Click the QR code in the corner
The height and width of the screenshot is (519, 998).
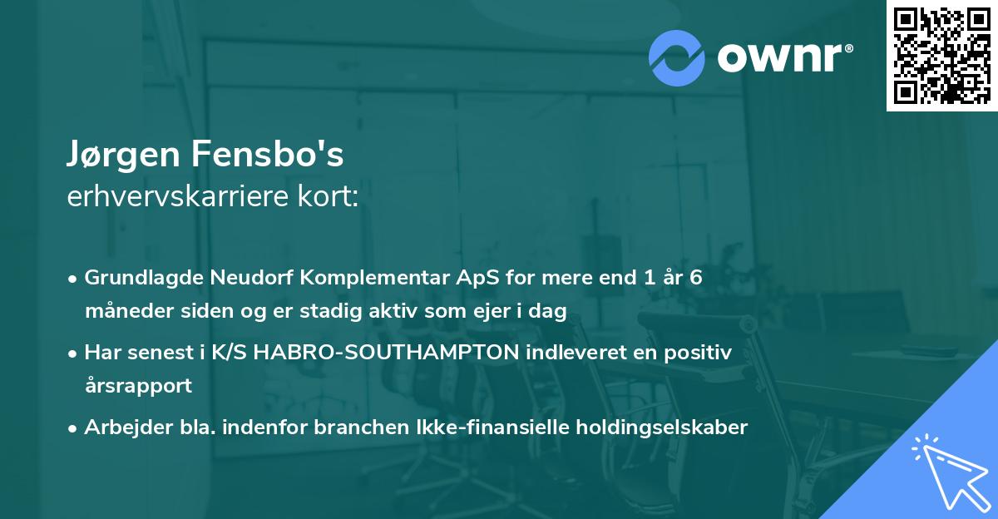[x=941, y=56]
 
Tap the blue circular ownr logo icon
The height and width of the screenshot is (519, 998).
[x=676, y=57]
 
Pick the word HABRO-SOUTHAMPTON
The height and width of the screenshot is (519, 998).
[x=386, y=353]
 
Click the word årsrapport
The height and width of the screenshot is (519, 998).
[x=138, y=385]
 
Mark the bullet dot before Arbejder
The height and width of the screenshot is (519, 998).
[x=74, y=428]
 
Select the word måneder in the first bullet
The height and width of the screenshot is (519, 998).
[x=126, y=311]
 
